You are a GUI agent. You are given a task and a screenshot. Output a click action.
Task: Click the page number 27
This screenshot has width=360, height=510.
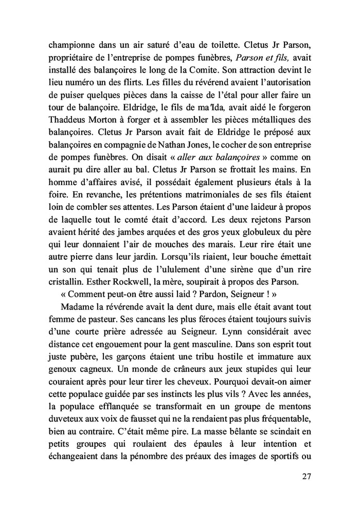pos(306,476)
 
